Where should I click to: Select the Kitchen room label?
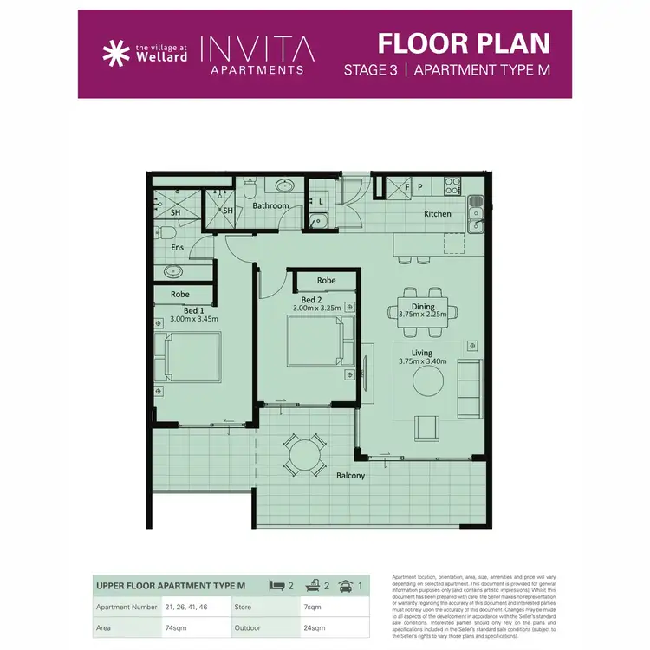coord(437,214)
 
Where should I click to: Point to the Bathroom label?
coord(270,206)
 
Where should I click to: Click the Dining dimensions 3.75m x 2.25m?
coord(423,315)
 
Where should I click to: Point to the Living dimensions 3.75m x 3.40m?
coord(422,361)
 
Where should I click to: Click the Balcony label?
coord(350,476)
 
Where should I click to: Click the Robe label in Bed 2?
coord(326,281)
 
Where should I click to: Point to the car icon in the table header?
coord(348,587)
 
